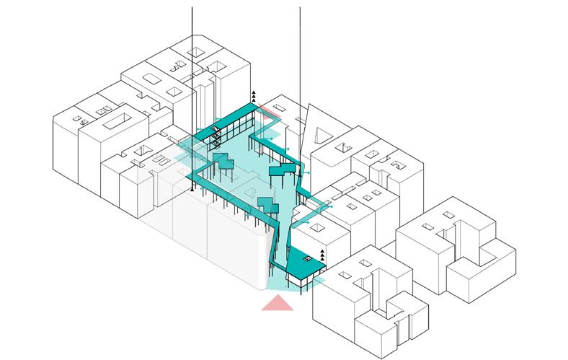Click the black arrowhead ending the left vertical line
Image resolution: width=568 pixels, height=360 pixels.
(x=192, y=190)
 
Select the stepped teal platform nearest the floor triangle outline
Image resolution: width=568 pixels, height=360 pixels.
(x=267, y=205)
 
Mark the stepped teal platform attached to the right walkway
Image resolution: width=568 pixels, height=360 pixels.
(x=282, y=170)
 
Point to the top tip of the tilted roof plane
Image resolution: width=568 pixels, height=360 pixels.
(x=309, y=105)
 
